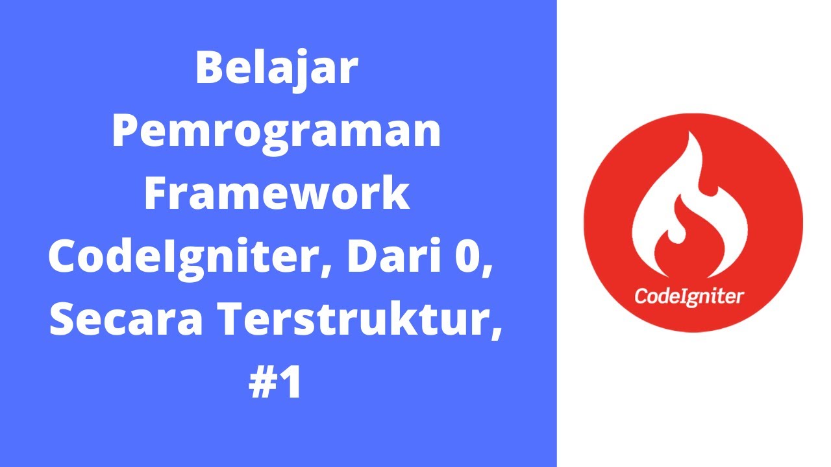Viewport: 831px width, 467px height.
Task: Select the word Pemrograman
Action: tap(277, 132)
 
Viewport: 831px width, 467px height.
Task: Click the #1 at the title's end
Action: tap(276, 384)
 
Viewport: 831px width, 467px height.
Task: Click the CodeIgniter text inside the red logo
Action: tap(689, 296)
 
